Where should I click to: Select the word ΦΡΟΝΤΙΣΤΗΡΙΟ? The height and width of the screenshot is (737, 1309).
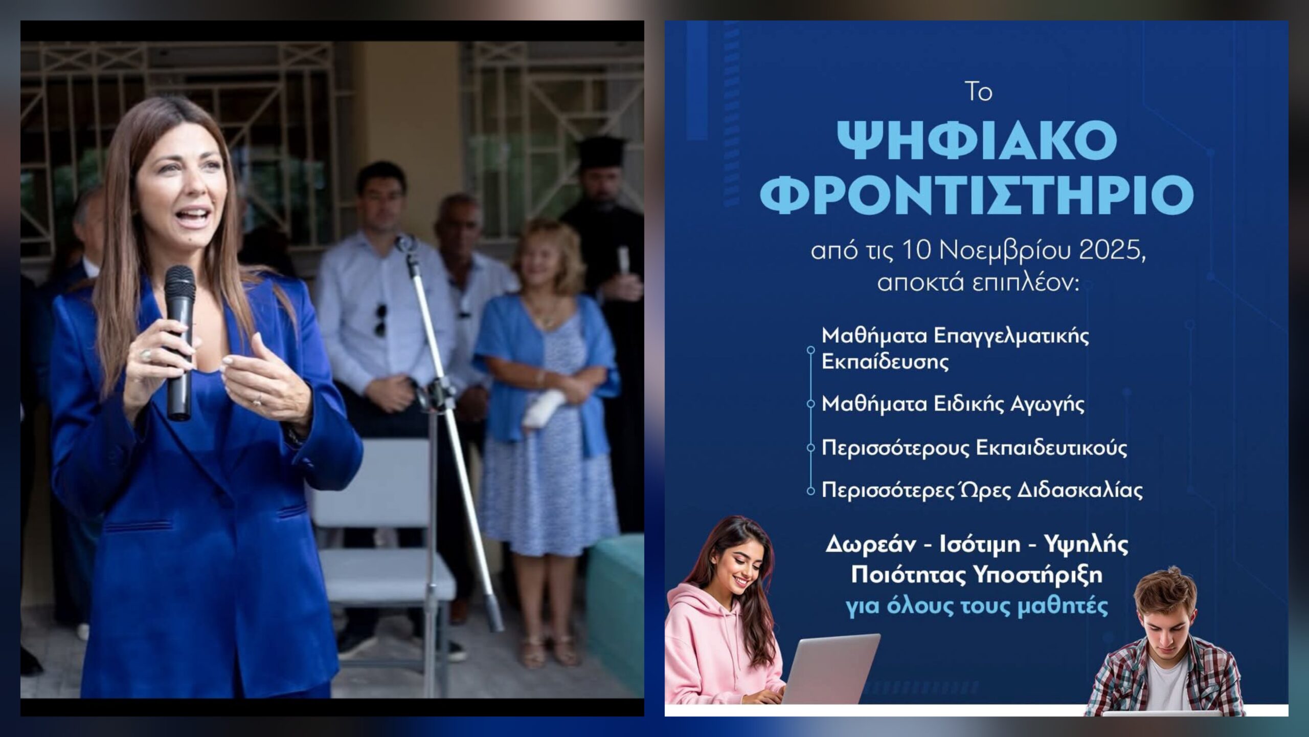977,195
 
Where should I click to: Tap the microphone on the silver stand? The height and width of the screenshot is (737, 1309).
407,245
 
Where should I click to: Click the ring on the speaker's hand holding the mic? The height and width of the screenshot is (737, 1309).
146,354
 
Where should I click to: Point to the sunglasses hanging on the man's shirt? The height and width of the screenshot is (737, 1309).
380,319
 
